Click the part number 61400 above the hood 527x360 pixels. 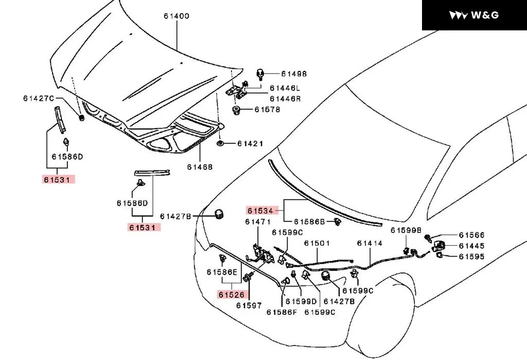click(177, 16)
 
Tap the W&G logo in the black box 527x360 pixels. click(473, 15)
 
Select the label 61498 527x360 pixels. click(294, 74)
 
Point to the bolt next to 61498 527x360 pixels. click(260, 74)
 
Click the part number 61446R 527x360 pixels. click(285, 98)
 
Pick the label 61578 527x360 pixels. click(267, 109)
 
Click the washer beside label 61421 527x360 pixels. click(220, 144)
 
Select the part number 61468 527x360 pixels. click(200, 167)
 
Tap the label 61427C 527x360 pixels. click(38, 98)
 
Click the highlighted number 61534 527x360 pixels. click(260, 211)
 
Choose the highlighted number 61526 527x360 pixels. click(231, 295)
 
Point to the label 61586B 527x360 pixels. click(309, 222)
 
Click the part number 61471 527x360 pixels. click(258, 222)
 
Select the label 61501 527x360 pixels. click(317, 243)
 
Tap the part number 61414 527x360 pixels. click(370, 243)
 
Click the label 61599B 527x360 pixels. click(406, 230)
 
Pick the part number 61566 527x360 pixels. click(471, 235)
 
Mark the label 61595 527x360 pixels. click(471, 256)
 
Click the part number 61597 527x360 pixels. click(249, 305)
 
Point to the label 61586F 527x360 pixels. click(282, 312)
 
